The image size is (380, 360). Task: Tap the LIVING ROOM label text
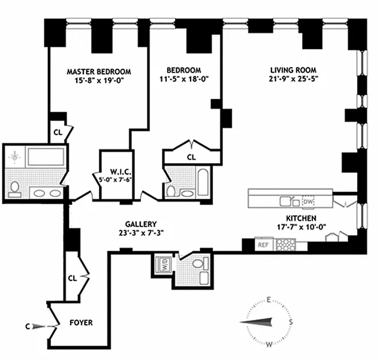click(x=292, y=70)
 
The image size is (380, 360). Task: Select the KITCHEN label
click(x=301, y=218)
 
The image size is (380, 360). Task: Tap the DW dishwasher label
click(x=309, y=201)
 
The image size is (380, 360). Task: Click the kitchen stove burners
click(x=286, y=245)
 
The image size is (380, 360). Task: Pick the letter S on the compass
click(x=291, y=322)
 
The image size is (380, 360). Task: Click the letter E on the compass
click(x=269, y=300)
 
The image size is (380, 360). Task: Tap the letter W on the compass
click(x=269, y=344)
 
